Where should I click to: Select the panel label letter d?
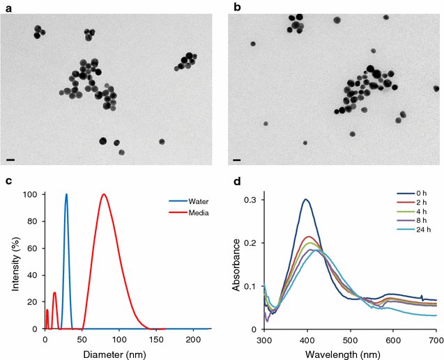pyautogui.click(x=237, y=182)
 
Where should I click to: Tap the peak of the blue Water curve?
pyautogui.click(x=66, y=194)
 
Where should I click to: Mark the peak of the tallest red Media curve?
pyautogui.click(x=104, y=194)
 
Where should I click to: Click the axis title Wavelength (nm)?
pyautogui.click(x=349, y=353)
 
